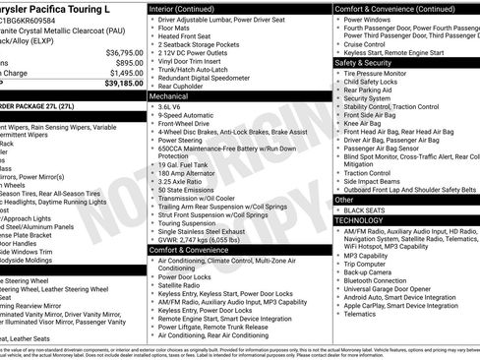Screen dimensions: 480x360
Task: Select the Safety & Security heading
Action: pyautogui.click(x=370, y=62)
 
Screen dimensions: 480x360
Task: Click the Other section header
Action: pyautogui.click(x=345, y=200)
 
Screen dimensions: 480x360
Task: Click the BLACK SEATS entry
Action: pyautogui.click(x=365, y=210)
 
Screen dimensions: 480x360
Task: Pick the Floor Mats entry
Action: pyautogui.click(x=173, y=30)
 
